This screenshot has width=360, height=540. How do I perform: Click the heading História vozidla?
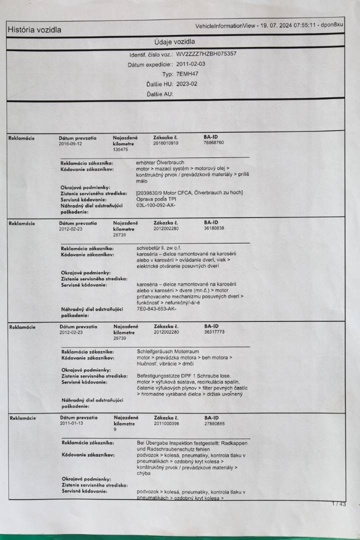[34, 30]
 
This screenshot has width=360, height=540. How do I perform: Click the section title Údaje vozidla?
[174, 41]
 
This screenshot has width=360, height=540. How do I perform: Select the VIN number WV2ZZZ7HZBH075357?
[206, 54]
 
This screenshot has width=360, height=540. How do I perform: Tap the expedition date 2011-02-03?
[191, 64]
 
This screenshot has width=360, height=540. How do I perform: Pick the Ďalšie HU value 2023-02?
[187, 84]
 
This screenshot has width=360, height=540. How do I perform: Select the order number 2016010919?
[165, 143]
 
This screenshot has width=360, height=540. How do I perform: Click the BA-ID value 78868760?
[214, 143]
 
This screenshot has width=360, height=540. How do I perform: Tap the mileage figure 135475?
[120, 149]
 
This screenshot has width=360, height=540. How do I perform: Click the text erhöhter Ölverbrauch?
[160, 162]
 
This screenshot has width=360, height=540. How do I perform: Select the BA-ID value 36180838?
[214, 228]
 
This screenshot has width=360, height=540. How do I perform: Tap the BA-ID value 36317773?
[214, 331]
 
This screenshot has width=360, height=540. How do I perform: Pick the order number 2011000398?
[166, 423]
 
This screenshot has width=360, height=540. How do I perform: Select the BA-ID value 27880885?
[214, 423]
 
